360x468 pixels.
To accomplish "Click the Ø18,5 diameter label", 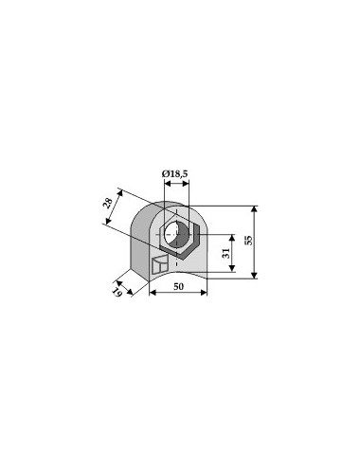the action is pos(174,173).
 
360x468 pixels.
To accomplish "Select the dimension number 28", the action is pos(108,204).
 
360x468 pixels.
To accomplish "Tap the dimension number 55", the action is pos(249,241).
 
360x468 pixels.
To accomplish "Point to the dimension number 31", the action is pos(226,253).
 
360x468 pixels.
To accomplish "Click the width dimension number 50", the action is pos(178,286).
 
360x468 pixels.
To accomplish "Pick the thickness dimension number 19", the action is pos(117,293).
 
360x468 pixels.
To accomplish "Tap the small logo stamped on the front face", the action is pos(159,264).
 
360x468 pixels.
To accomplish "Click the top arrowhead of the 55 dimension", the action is pos(255,209).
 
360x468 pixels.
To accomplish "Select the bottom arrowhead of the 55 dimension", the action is pos(255,276).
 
